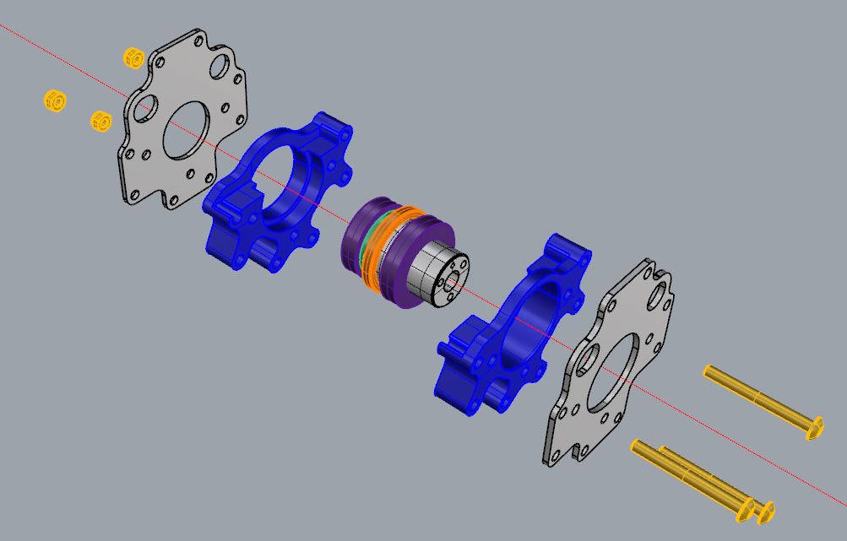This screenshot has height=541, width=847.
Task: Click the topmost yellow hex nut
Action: pos(133,58)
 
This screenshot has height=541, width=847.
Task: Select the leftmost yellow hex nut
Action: pos(55,100)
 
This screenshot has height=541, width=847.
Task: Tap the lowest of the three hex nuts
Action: pos(100,122)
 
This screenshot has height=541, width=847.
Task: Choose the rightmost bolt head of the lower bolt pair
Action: pos(766,512)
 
